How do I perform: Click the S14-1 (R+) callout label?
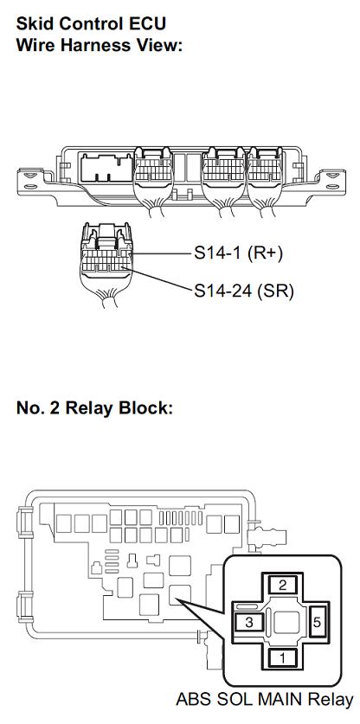pos(237,253)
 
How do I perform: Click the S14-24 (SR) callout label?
pos(243,291)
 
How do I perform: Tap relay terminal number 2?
pos(283,586)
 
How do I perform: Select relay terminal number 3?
pos(249,622)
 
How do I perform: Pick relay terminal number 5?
pos(317,622)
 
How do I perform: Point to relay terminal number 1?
pos(282,657)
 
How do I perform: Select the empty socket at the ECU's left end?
pos(106,167)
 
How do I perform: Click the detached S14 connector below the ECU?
pos(106,263)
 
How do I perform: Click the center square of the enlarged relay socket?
pos(282,622)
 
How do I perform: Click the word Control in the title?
pos(88,23)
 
